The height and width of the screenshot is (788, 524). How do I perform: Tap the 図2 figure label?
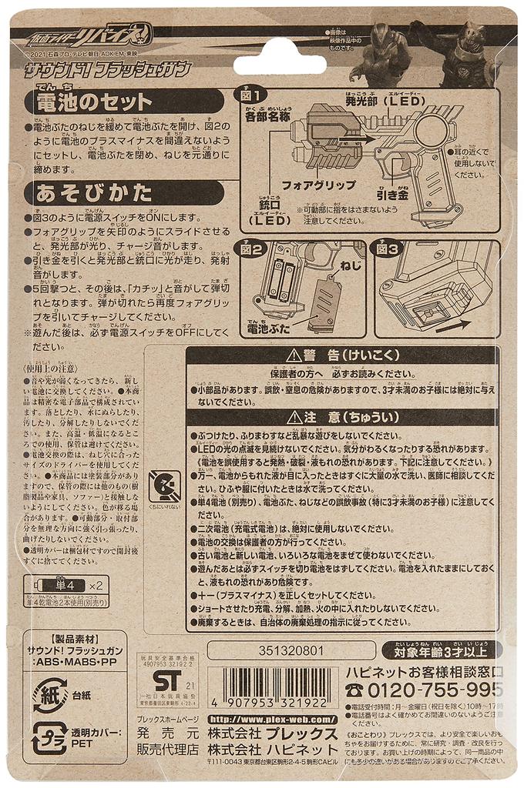point(254,250)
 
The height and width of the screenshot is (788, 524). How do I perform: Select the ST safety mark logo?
point(167,680)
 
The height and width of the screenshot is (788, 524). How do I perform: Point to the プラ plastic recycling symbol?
point(49,740)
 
